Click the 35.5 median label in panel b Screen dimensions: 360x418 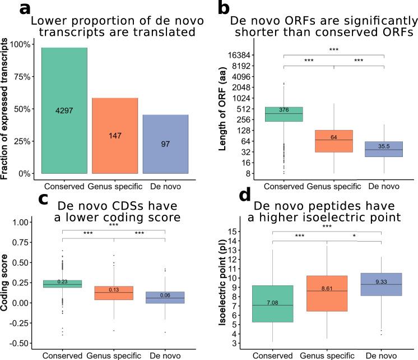pos(384,146)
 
